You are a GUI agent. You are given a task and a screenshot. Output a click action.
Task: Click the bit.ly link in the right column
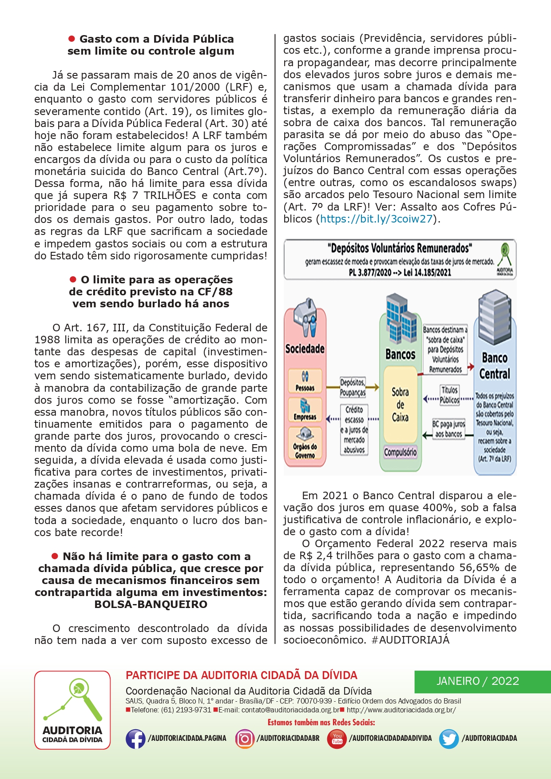pos(376,219)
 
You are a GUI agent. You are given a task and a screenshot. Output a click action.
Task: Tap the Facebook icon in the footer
pos(135,739)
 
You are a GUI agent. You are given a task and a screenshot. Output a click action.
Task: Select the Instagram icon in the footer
pos(245,739)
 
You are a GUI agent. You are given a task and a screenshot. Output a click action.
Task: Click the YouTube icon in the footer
pos(337,739)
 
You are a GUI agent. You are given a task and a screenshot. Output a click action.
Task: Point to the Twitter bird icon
pos(449,739)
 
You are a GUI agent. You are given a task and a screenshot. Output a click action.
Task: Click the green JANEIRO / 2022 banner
pos(483,681)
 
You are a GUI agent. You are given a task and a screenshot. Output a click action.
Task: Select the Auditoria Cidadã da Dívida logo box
pos(72,710)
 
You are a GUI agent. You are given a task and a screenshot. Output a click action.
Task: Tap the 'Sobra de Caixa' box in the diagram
pos(400,405)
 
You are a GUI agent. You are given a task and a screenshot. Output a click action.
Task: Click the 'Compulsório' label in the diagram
pos(400,453)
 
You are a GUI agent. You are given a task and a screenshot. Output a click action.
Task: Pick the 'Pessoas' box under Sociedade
pos(305,382)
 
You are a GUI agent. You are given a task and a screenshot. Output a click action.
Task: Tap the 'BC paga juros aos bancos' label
pos(449,429)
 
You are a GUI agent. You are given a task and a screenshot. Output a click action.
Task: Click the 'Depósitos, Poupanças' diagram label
pos(353,387)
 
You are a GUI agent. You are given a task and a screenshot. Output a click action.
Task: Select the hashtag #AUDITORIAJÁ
pos(411,640)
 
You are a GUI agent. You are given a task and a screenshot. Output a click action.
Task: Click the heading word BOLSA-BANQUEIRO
pos(151,604)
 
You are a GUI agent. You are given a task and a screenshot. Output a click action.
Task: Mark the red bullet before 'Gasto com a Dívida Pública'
pos(71,39)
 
